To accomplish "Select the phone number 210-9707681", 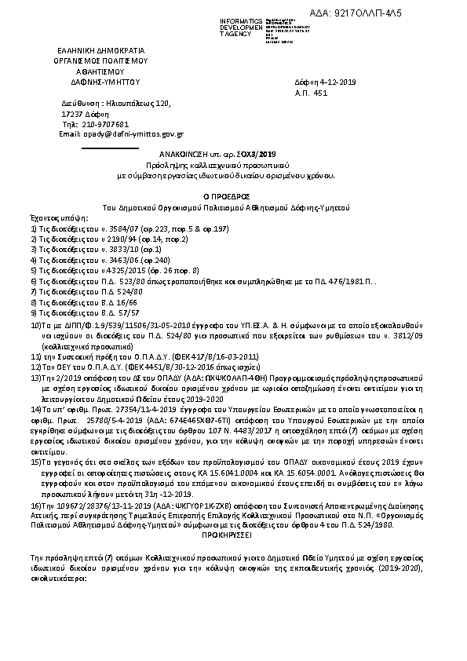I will coord(104,124).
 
